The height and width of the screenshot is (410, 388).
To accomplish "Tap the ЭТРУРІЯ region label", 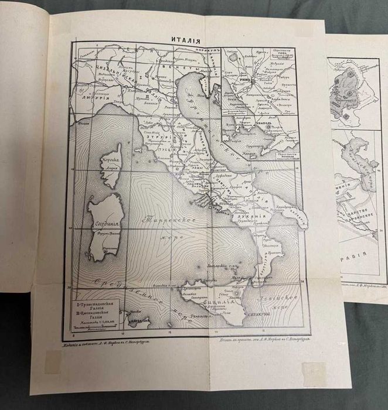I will click(x=166, y=138).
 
